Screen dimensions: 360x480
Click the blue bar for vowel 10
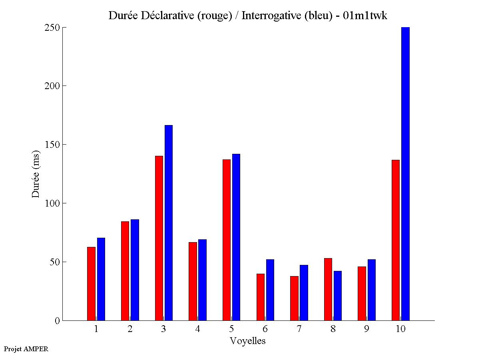coord(405,174)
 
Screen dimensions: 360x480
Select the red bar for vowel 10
coord(396,240)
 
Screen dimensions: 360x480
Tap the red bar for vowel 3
coord(159,238)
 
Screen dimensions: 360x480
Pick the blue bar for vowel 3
coord(169,223)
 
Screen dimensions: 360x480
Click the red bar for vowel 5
coord(227,240)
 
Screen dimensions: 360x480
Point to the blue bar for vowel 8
coord(338,296)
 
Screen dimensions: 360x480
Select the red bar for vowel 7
coord(294,298)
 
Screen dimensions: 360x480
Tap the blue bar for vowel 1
coord(101,279)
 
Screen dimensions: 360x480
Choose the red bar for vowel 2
coord(125,271)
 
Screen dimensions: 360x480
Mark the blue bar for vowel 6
coord(270,290)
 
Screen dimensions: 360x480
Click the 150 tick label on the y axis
coord(52,144)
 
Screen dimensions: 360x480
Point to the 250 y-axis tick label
coord(52,28)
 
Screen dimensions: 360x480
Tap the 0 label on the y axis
coord(57,320)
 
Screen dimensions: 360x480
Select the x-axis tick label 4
coord(198,329)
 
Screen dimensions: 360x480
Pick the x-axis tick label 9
coord(367,329)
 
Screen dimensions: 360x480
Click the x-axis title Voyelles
coord(248,341)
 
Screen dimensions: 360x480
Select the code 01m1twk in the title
coord(365,16)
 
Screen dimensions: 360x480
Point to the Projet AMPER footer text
coord(26,349)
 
